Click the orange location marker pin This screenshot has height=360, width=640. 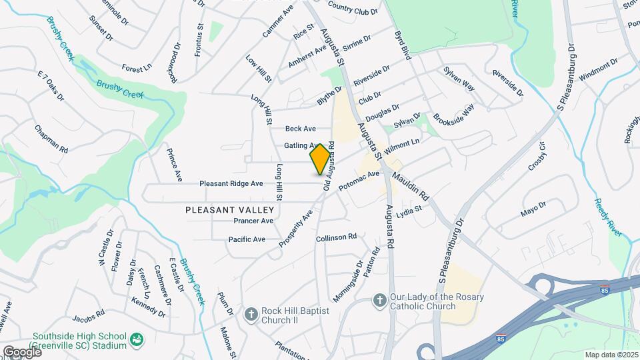[320, 159]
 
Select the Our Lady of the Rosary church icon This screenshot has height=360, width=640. [380, 301]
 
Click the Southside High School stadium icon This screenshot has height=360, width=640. [137, 340]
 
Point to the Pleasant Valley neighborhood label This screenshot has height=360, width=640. [220, 209]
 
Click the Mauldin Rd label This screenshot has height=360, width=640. [409, 186]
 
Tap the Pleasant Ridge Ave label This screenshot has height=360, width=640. [231, 183]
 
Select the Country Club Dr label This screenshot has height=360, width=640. [352, 11]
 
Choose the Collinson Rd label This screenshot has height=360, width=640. [337, 237]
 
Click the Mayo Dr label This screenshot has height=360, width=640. [533, 211]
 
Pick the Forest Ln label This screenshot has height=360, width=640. [137, 69]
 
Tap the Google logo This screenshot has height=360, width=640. [21, 351]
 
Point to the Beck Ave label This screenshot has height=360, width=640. [300, 129]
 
